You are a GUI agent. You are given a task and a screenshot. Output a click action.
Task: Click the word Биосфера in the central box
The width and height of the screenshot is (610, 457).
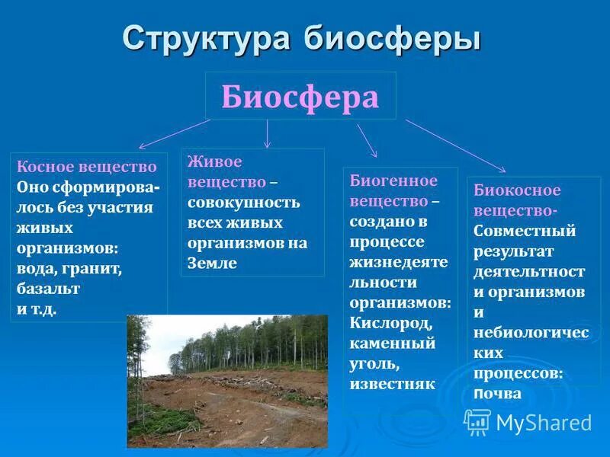[300, 97]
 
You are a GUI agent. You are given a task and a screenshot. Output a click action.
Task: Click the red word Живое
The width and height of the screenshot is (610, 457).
[216, 162]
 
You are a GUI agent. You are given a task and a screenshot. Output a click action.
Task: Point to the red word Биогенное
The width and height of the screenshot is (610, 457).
[393, 181]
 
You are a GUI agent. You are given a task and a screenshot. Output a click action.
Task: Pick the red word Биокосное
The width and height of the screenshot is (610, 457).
[517, 190]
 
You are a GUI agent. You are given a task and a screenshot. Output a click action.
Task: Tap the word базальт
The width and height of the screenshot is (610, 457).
[48, 289]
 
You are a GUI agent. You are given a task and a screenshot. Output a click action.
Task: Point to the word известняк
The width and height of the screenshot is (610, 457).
[392, 384]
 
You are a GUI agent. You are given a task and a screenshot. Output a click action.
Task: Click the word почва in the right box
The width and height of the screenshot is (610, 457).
[497, 394]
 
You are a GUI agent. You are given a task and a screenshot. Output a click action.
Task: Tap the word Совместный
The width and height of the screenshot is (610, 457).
[525, 231]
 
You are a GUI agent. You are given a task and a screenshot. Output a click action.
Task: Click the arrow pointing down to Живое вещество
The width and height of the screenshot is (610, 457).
[267, 133]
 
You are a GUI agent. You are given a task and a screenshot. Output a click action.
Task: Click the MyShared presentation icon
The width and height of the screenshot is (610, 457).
[478, 421]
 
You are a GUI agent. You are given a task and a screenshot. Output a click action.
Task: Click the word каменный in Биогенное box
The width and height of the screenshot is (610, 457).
[393, 343]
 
